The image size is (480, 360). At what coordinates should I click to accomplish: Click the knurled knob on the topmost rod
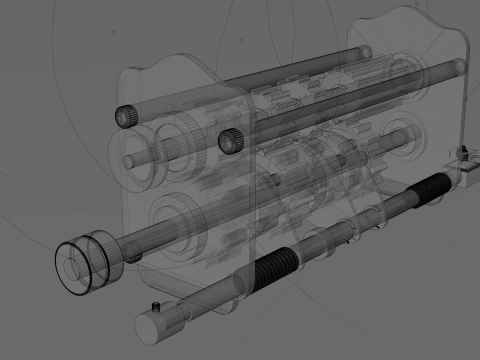pos(126,116)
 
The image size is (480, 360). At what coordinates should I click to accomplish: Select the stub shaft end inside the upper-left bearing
pos(129,161)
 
